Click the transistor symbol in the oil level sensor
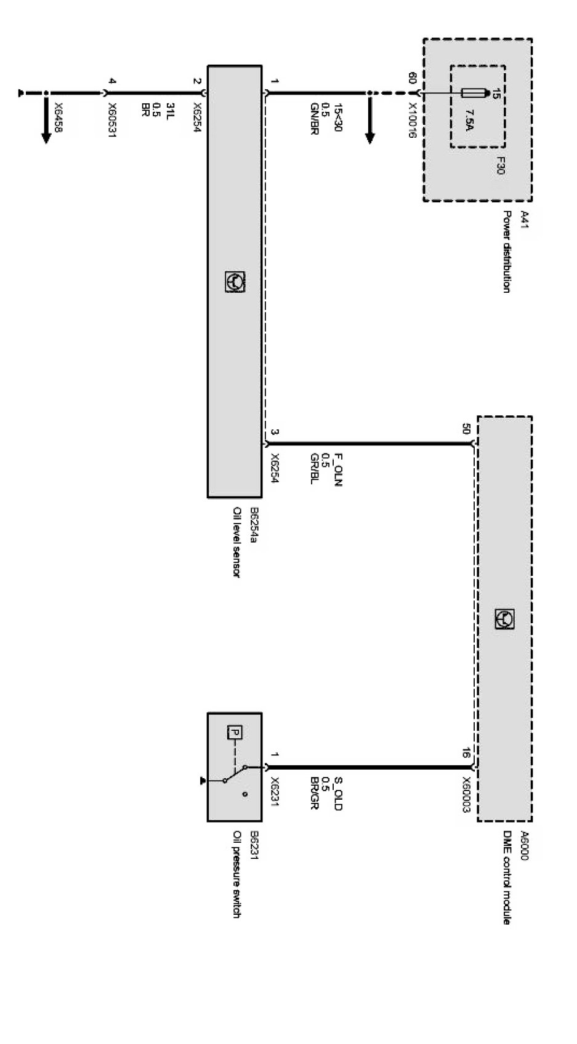pyautogui.click(x=235, y=282)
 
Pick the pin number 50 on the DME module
pyautogui.click(x=466, y=429)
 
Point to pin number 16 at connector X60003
pyautogui.click(x=466, y=752)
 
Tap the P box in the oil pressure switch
pyautogui.click(x=235, y=732)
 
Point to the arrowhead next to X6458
pyautogui.click(x=46, y=137)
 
